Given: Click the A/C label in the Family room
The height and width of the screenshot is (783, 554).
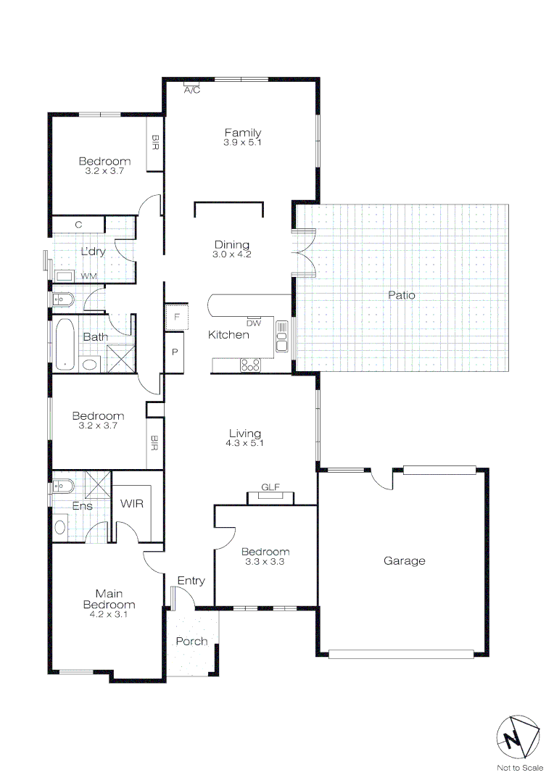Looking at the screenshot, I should tap(191, 91).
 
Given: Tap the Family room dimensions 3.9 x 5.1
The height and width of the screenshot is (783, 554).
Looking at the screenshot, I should tap(242, 143).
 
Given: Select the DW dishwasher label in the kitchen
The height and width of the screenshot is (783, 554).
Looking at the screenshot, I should tap(254, 323).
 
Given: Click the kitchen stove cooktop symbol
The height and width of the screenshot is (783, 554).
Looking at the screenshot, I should tap(251, 365).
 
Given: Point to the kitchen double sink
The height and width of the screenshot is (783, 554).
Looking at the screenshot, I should tap(282, 335).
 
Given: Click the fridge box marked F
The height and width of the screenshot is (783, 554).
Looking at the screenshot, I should tap(176, 317).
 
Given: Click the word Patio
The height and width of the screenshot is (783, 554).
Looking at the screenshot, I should tap(401, 295).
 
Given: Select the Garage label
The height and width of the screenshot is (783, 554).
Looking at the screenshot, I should tap(404, 560).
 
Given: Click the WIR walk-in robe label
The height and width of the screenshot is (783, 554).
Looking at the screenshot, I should tap(132, 503).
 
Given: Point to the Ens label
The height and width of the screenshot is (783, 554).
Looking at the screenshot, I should tap(82, 505).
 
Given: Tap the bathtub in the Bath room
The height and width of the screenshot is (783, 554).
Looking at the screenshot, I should tap(65, 344).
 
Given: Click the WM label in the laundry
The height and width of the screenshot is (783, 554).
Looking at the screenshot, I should tap(88, 276).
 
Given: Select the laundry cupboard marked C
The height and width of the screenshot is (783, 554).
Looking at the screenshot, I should tap(78, 225).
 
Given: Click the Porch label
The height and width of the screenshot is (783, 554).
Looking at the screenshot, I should tap(191, 641).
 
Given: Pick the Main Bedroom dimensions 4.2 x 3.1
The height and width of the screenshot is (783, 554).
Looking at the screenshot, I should tap(109, 614).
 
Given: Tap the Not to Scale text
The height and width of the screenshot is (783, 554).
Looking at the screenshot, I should tap(519, 768).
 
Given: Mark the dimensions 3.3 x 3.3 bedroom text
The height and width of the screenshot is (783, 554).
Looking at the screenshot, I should tap(265, 561).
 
